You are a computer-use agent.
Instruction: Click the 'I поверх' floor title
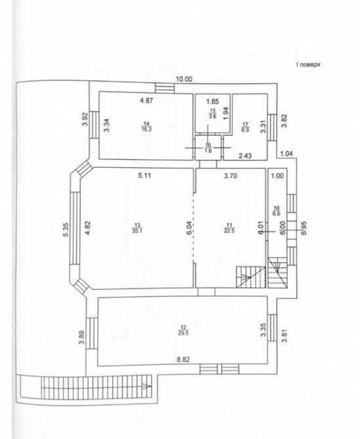point(308,65)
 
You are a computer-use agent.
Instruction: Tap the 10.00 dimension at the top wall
point(184,79)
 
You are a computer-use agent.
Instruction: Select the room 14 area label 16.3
point(146,126)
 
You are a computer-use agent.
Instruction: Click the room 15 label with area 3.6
point(212,115)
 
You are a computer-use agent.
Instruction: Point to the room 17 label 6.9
point(245,127)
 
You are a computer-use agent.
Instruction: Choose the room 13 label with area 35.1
point(137,228)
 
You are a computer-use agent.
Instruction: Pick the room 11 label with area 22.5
point(229,228)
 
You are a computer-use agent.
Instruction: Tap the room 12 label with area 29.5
point(183,330)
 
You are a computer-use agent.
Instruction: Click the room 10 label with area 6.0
point(277,210)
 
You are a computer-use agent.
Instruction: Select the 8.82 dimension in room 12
point(183,360)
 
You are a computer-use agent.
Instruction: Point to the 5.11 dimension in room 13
point(144,176)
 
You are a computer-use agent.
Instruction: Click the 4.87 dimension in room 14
point(146,100)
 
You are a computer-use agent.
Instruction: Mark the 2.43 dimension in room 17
point(245,156)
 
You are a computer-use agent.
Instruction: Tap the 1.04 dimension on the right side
point(287,153)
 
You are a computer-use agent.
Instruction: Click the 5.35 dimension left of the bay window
point(66,230)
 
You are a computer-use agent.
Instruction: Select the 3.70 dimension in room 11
point(231,176)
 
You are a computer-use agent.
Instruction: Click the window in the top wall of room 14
point(165,88)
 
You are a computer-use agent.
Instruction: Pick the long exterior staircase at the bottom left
point(96,387)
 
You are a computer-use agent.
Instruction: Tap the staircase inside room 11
point(250,277)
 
